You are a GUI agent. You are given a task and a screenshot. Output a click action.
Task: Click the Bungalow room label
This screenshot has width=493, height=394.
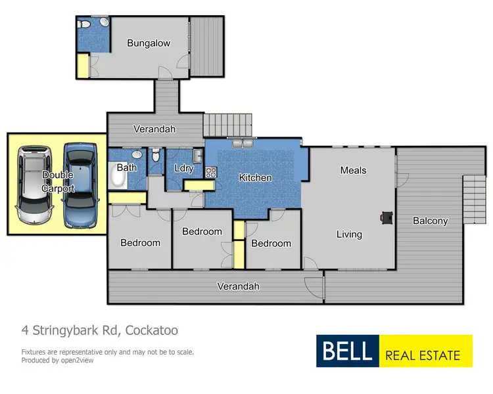149,43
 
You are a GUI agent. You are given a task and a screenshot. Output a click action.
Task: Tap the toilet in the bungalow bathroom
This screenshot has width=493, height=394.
83,24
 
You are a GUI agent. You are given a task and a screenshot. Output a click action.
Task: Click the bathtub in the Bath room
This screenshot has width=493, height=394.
116,175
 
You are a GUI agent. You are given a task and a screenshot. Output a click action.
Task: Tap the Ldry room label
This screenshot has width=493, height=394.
184,168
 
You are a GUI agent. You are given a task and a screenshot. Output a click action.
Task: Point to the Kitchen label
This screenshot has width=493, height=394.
255,177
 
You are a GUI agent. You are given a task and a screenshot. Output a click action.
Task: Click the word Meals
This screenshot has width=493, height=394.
353,170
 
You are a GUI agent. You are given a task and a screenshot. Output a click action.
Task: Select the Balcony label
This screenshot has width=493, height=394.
430,221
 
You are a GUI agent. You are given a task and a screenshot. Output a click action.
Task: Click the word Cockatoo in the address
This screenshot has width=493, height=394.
151,330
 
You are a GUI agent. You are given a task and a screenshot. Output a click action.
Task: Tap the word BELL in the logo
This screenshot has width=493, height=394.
347,351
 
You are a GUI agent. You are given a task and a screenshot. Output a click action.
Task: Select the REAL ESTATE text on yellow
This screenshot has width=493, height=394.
423,355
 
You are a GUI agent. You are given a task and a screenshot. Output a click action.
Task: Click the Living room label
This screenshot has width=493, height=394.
349,234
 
